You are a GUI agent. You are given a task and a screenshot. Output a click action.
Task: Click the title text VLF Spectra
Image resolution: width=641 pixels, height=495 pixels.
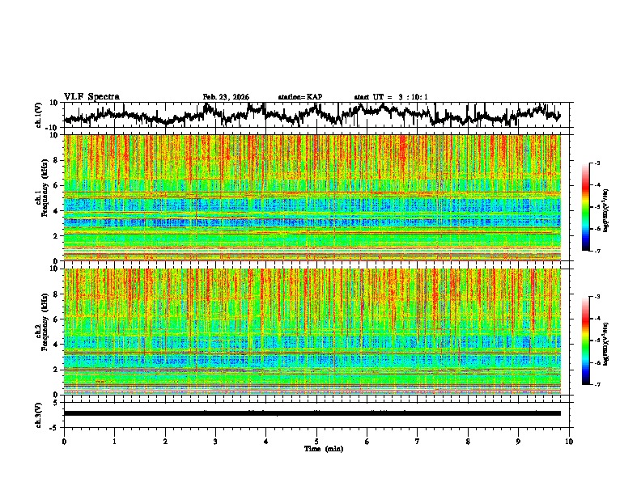point(91,97)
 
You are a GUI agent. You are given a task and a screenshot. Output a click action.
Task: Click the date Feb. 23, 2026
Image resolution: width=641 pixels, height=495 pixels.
point(226,97)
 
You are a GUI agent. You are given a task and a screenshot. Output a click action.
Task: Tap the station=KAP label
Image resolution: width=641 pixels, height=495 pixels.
point(299,97)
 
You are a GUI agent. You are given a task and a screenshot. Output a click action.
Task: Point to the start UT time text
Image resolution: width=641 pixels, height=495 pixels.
point(391,97)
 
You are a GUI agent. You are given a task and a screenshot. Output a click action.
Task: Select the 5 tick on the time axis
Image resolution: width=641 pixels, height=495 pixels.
point(316,442)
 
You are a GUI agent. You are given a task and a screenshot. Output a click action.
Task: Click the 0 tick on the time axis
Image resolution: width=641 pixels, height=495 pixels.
point(64,442)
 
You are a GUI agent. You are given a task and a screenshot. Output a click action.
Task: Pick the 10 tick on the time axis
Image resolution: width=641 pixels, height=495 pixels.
point(569,442)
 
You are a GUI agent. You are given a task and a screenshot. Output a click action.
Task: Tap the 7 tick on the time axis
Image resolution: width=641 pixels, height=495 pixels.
point(418,442)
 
